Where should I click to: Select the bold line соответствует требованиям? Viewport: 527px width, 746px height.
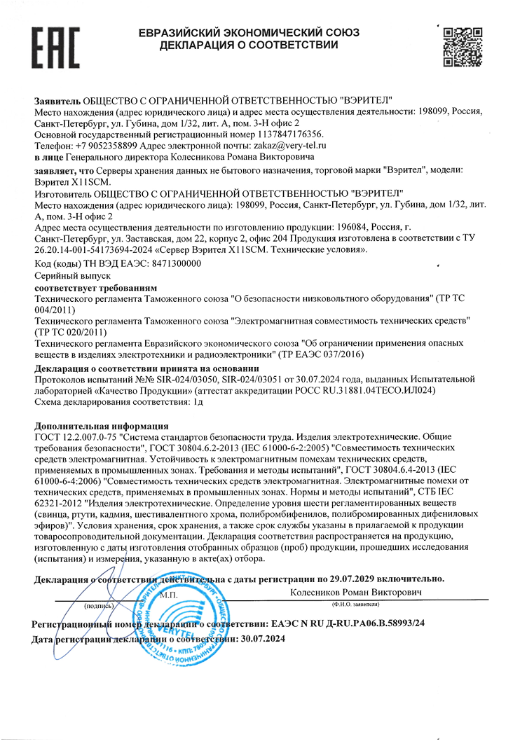tap(95, 288)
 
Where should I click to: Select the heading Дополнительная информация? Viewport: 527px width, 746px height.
tap(101, 425)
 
